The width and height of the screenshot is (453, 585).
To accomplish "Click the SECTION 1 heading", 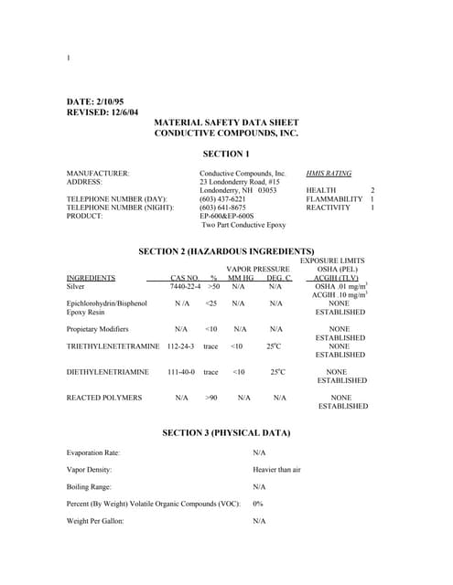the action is [x=226, y=154].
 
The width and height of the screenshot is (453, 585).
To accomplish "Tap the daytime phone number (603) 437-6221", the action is [x=222, y=198].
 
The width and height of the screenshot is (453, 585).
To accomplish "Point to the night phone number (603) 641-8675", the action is [x=222, y=207].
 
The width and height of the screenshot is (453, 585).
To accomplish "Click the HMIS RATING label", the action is [x=329, y=173].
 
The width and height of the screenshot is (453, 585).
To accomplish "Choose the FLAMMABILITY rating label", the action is [x=334, y=198].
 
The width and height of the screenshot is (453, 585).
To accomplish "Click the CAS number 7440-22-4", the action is [x=186, y=286].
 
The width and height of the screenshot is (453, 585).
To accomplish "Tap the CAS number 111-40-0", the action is [x=181, y=372].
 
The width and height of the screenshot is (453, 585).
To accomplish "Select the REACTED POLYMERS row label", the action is [x=104, y=398].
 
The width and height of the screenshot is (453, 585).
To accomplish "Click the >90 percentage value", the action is [x=212, y=398].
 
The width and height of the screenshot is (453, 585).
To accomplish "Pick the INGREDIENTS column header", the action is [x=91, y=277].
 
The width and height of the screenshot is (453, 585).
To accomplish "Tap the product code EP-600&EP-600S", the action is [x=226, y=216].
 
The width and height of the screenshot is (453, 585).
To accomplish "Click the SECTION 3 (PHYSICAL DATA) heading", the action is [x=226, y=431].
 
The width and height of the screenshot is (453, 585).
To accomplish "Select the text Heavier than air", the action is [x=276, y=469].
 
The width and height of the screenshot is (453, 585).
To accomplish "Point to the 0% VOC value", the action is [x=258, y=504].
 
